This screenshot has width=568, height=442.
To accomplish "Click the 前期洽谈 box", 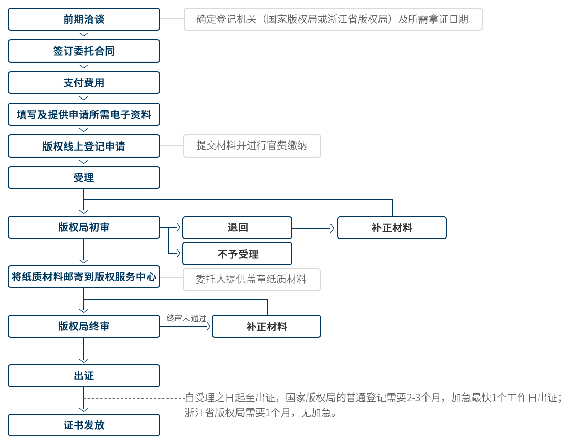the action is (84, 19).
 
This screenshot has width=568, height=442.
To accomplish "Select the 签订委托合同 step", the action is (84, 51).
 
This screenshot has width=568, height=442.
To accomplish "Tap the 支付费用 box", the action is (84, 82).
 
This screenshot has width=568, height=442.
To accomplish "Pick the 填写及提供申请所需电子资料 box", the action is (84, 114).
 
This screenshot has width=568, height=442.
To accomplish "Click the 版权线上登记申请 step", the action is (84, 146).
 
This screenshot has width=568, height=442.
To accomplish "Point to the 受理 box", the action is (84, 178).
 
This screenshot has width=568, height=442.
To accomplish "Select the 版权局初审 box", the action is (84, 227).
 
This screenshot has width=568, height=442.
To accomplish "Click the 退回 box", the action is (238, 228).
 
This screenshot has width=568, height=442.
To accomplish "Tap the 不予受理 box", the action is (238, 254).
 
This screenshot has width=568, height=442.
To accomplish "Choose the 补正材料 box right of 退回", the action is (392, 228).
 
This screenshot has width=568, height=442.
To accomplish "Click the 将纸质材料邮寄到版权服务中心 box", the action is (84, 277).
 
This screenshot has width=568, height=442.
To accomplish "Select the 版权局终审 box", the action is (84, 326).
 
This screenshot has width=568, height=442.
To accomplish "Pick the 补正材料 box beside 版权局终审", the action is (267, 326).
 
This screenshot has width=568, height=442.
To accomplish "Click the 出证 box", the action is (84, 376).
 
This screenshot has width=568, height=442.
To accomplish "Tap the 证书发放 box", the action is (84, 425).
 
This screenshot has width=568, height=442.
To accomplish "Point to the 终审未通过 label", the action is (186, 318).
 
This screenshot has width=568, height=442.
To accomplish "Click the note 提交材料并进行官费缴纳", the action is (252, 146).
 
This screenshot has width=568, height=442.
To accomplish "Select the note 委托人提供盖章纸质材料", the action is (252, 279).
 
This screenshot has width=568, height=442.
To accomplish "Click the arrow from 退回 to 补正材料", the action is (313, 228).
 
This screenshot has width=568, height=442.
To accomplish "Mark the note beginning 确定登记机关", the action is (333, 19).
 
